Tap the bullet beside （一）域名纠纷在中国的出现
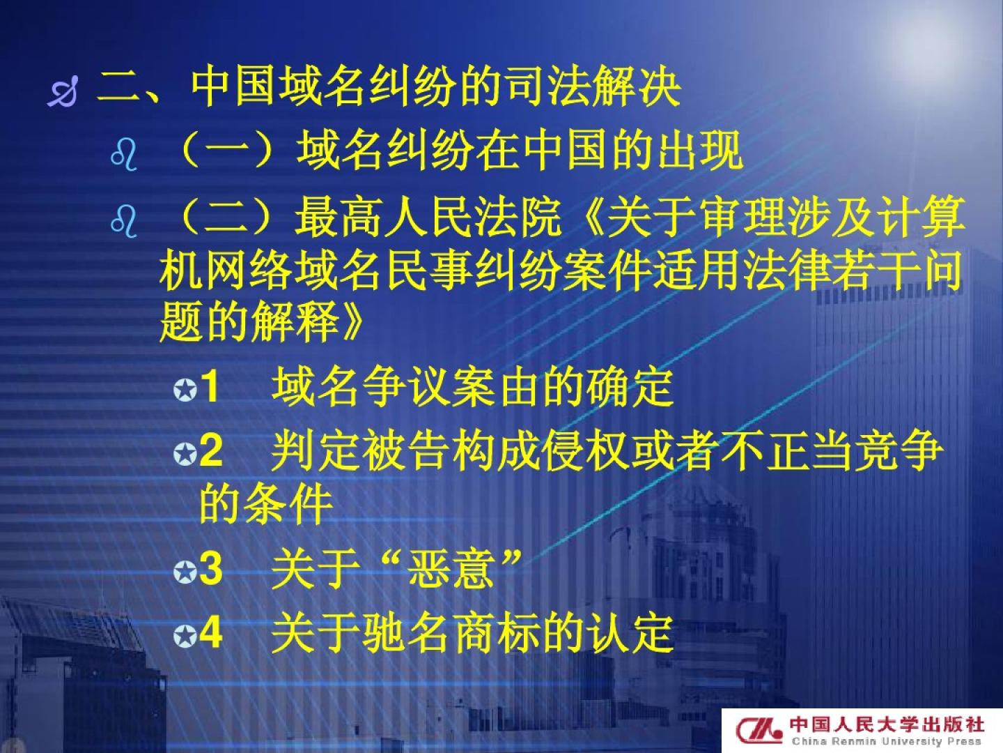[124, 155]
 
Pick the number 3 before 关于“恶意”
[211, 570]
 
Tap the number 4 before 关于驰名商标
[211, 633]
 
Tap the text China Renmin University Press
[887, 742]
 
